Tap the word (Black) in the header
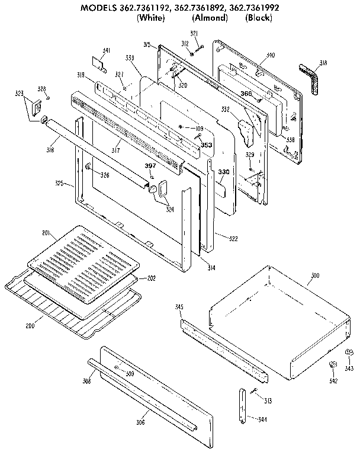tap(259, 18)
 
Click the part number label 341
tap(107, 50)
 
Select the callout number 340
tap(271, 55)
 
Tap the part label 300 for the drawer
tap(314, 276)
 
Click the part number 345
tap(179, 307)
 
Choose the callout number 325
tap(68, 183)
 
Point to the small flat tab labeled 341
tap(98, 62)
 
